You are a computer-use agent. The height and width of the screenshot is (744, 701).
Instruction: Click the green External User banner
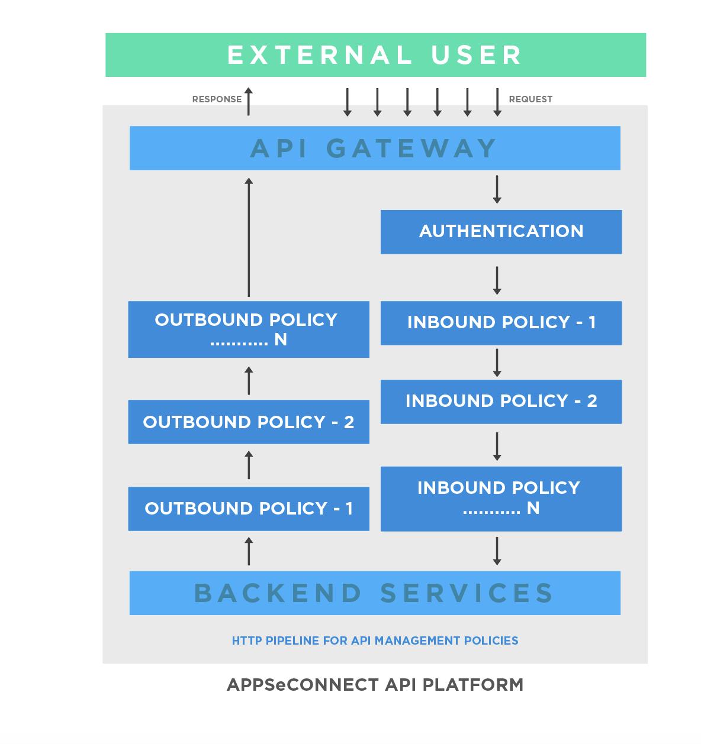click(x=375, y=55)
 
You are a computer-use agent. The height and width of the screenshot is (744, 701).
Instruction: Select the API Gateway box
click(x=375, y=148)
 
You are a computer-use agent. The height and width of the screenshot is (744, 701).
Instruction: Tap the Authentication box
click(x=501, y=231)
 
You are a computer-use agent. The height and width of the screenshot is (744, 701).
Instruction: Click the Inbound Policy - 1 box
click(x=501, y=323)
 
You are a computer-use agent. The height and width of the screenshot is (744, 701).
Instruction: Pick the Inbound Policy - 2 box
click(x=501, y=402)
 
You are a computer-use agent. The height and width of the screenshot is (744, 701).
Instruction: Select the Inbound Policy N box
click(x=501, y=498)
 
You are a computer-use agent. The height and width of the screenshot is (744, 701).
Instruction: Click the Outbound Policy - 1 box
click(x=249, y=509)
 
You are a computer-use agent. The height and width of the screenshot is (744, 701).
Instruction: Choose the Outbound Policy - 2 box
click(x=249, y=422)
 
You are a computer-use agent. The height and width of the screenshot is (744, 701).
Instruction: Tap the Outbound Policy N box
click(x=249, y=329)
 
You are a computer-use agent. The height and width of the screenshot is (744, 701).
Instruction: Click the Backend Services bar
click(x=375, y=593)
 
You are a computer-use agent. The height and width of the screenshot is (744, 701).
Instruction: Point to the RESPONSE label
click(x=217, y=99)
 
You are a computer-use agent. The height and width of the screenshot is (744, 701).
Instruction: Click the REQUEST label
click(x=530, y=99)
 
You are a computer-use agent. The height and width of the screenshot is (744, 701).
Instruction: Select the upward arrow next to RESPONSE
click(x=249, y=101)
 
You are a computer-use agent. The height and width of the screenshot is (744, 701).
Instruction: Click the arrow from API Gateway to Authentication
click(x=497, y=189)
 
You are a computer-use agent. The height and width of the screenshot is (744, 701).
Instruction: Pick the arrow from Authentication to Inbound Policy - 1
click(x=497, y=280)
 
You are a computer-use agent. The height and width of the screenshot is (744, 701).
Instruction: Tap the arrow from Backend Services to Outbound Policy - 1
click(x=249, y=551)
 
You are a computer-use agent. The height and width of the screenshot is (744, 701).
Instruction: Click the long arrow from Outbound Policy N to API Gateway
click(x=249, y=237)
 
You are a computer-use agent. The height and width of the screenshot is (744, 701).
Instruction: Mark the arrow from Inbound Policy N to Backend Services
click(x=497, y=551)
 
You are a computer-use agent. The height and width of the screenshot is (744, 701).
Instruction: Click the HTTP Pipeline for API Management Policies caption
click(x=375, y=641)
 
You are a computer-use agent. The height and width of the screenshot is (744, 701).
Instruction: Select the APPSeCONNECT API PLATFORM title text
click(x=375, y=685)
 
